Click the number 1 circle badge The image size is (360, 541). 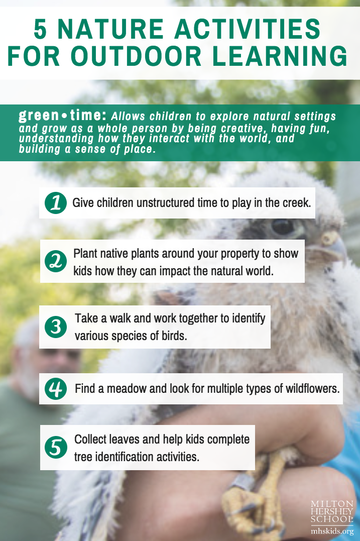click(56, 203)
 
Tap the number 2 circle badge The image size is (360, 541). click(56, 261)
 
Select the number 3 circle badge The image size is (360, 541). click(56, 327)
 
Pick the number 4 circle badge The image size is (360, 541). click(56, 389)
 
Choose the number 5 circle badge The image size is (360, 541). click(56, 448)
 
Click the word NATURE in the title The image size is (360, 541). click(110, 29)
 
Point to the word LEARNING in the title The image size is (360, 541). click(280, 56)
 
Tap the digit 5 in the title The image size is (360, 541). click(40, 29)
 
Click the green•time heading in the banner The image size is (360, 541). click(62, 116)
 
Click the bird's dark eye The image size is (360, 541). click(283, 227)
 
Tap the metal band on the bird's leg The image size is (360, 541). click(243, 481)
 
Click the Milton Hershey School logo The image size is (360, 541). click(332, 512)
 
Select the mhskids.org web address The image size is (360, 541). click(332, 531)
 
